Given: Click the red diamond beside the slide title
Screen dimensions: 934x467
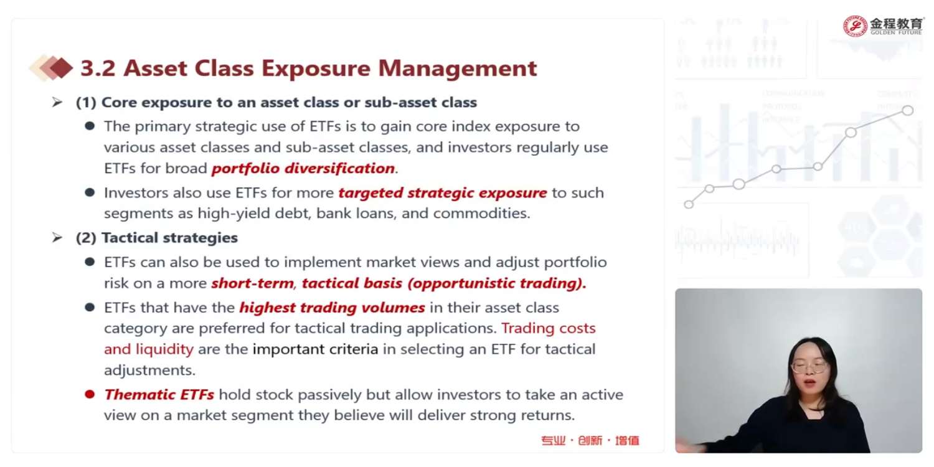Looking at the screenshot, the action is [x=61, y=68].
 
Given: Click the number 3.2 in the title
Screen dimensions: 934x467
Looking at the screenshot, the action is [x=98, y=68].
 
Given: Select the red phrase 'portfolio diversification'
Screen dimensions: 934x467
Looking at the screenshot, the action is [x=303, y=169].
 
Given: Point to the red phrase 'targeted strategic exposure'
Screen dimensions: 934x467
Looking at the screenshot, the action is [x=442, y=193].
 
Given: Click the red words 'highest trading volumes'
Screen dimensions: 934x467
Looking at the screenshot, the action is [x=333, y=308].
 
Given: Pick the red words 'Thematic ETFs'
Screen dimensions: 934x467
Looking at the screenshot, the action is [x=159, y=394].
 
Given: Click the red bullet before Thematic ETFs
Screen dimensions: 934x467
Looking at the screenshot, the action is [x=90, y=394].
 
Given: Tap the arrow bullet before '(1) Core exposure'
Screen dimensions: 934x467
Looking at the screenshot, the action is [x=57, y=102].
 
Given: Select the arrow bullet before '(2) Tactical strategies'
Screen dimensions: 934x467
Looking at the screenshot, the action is [x=57, y=238].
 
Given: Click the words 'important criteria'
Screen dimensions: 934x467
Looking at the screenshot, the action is [x=315, y=349].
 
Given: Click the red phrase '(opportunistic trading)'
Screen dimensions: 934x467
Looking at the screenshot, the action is [x=497, y=283].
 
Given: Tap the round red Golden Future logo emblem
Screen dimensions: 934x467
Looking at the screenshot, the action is [x=855, y=26].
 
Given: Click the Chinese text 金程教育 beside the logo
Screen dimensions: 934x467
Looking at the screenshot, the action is [x=896, y=23].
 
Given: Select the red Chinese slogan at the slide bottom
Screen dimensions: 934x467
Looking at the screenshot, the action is [x=590, y=440].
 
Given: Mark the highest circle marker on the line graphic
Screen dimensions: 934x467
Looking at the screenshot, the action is [x=908, y=110].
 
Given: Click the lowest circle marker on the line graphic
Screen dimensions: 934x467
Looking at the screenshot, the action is [x=689, y=204].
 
